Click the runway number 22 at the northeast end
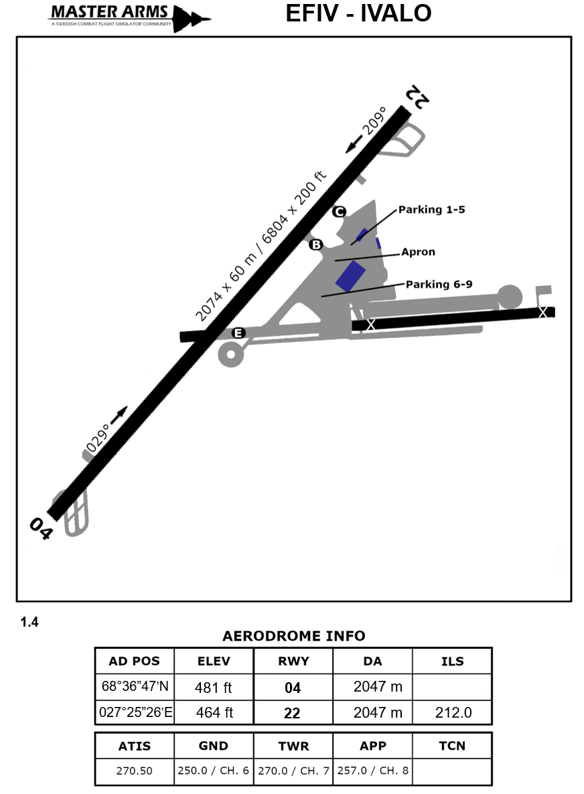416,98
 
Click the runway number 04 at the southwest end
40,529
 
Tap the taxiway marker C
339,212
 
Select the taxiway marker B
315,244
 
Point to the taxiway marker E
238,333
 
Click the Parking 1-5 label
431,210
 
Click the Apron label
418,252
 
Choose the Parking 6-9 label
439,284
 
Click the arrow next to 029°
119,416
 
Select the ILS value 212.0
453,713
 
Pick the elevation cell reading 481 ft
214,687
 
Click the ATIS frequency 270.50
134,771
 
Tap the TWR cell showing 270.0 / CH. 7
293,771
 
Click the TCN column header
452,746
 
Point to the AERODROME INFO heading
293,635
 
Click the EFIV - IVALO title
358,13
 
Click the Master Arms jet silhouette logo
192,18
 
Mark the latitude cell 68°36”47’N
134,687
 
